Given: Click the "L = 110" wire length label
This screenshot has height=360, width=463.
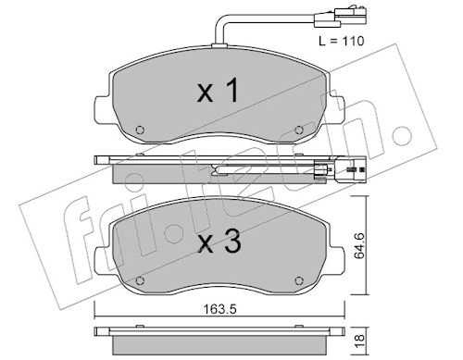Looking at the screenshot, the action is pos(342,41).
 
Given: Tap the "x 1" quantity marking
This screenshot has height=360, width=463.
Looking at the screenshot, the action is pos(218,90).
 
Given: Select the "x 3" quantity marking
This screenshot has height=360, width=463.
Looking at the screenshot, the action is pos(219,242).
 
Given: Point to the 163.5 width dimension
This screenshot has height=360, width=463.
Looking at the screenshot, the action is pos(219,309).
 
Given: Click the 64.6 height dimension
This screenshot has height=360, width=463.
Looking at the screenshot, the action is pos(359,246).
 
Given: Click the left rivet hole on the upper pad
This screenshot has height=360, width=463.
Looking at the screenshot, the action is pos(140,130).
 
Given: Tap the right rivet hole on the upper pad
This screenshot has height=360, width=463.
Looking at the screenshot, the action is pos(299,130).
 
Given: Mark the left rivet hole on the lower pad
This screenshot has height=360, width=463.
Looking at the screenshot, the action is pos(140,280).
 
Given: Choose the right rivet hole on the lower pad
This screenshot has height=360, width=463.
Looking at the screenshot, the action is pos(299,280).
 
